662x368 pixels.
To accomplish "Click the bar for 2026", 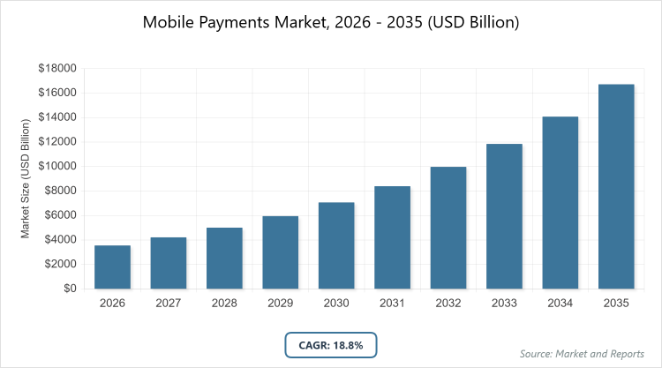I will (x=112, y=267).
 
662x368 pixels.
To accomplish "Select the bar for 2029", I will (x=280, y=252).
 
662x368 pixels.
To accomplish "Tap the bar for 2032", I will (x=448, y=228).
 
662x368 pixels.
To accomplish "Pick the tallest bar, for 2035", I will (x=616, y=186).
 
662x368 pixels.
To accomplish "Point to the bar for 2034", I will (x=560, y=202).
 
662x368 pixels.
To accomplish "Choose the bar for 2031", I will (x=392, y=237).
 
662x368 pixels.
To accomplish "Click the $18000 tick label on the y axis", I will (x=57, y=69).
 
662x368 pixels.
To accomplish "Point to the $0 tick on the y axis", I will (x=67, y=289).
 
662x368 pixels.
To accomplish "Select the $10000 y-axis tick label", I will (x=57, y=167).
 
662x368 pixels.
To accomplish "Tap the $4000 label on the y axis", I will (x=60, y=240).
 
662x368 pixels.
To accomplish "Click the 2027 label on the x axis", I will (x=168, y=303).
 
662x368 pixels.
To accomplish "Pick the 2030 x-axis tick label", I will (x=336, y=303).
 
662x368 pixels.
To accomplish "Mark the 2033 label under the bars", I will (x=504, y=303).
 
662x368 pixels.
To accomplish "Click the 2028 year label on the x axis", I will (x=224, y=303).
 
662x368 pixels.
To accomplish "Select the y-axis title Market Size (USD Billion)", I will (x=26, y=178).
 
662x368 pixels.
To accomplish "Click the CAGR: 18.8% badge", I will (x=331, y=344).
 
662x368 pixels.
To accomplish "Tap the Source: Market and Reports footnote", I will (x=582, y=354).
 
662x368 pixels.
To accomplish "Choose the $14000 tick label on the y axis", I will (x=57, y=117).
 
